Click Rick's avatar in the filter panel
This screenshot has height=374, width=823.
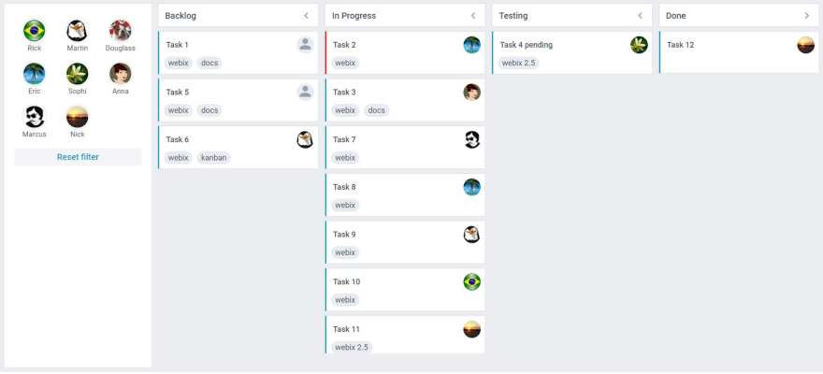35,31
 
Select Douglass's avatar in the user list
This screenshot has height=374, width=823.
121,31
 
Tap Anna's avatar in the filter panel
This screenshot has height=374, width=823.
121,74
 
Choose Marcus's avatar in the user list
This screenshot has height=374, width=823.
35,117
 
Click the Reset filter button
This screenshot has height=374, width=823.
78,157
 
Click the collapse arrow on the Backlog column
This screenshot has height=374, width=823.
306,16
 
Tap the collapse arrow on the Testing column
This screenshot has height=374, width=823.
640,16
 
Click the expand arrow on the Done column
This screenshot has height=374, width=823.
806,16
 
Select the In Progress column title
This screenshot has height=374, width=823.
354,16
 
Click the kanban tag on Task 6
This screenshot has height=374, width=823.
213,158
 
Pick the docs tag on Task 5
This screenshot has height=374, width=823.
209,110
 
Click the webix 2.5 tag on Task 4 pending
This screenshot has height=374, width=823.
520,64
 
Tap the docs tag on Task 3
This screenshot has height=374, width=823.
376,110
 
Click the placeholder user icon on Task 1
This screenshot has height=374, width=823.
305,45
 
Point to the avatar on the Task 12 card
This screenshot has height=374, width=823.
806,45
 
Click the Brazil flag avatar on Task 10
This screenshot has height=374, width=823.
472,281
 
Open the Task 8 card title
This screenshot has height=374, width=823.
345,187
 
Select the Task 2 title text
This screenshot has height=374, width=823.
345,45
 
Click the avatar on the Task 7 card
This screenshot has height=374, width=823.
472,139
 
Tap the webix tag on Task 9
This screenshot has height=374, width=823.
345,252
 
